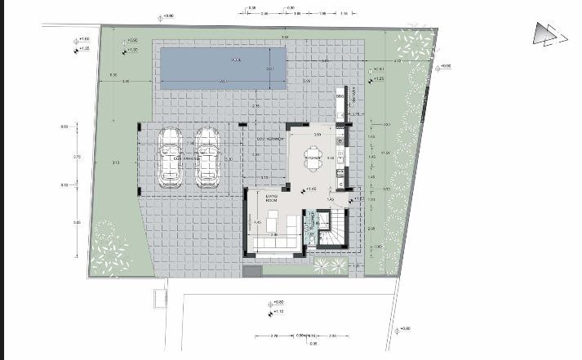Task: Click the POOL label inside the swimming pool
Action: pos(237,60)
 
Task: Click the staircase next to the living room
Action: pos(333,228)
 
